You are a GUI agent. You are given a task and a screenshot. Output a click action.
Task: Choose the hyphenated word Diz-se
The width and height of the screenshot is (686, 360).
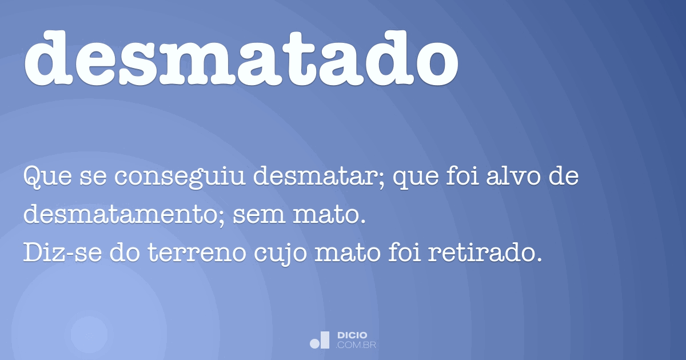pos(56,253)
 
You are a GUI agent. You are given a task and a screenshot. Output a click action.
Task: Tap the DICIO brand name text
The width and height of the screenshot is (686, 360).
pos(352,335)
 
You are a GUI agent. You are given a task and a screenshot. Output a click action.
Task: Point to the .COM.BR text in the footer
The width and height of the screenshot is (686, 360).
pos(356,345)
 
